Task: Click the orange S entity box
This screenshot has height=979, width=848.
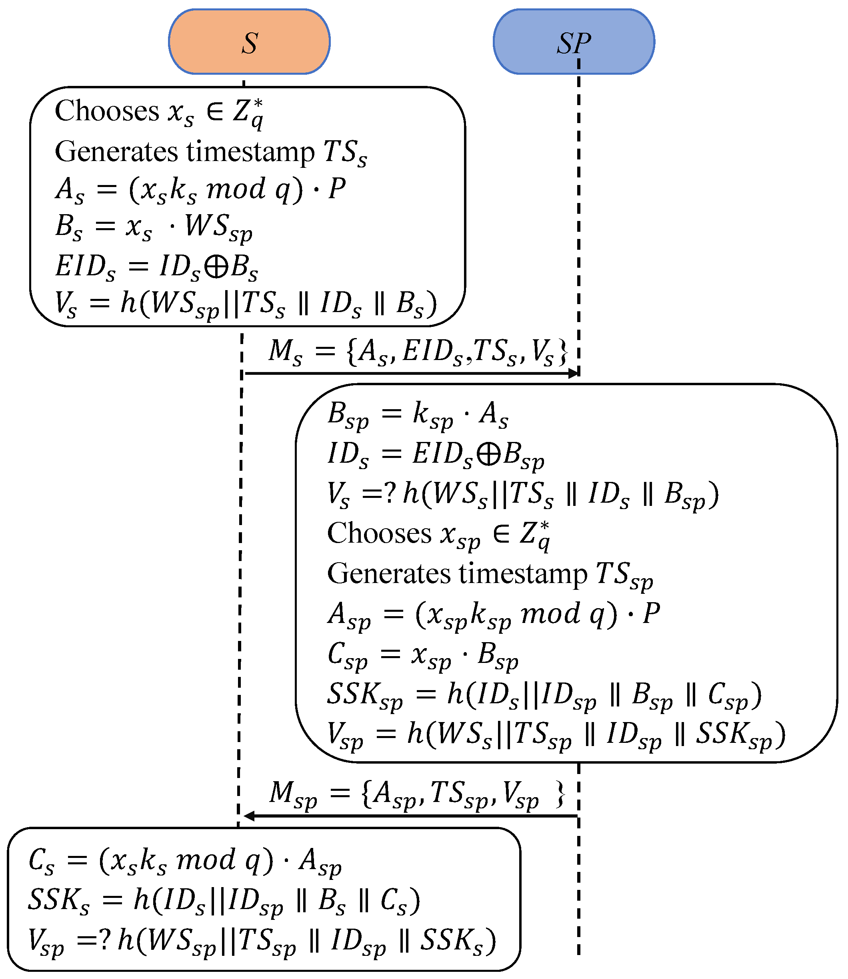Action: pyautogui.click(x=249, y=42)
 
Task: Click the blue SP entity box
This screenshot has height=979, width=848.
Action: pyautogui.click(x=574, y=42)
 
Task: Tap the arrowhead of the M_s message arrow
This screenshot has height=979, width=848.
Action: pyautogui.click(x=574, y=374)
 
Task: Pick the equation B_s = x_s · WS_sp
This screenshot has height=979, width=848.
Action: pyautogui.click(x=154, y=227)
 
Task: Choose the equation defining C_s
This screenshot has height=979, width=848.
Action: pyautogui.click(x=184, y=860)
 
